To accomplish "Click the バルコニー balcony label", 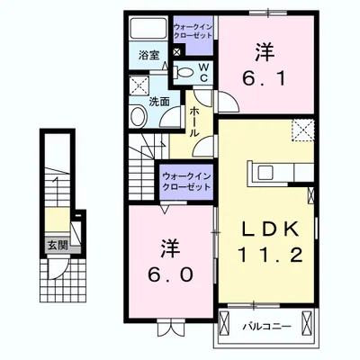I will (x=265, y=327).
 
